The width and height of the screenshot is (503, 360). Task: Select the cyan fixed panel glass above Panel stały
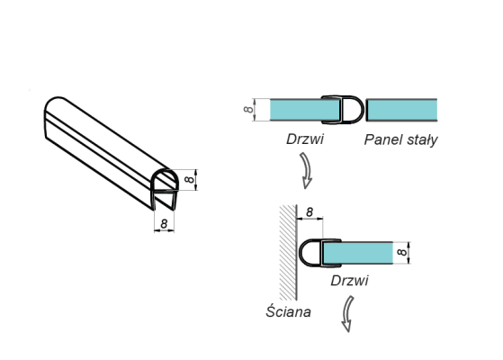point(402,110)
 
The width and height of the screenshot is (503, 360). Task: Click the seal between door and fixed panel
point(350,109)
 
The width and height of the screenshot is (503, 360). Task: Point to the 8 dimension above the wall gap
point(309,212)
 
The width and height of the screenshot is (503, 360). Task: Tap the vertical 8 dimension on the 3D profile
point(189,179)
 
